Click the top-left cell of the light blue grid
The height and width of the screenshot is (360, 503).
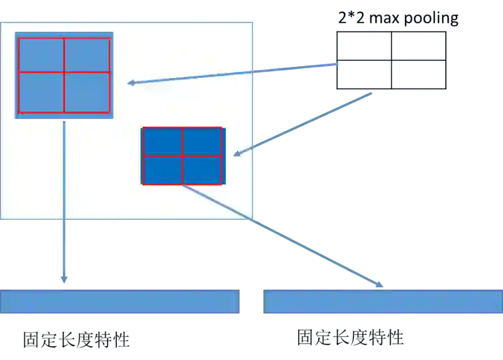(x=41, y=55)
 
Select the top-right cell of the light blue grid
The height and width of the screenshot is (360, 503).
(x=87, y=55)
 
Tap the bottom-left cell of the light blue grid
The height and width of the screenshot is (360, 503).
(x=41, y=92)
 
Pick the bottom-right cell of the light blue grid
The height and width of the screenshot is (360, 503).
(x=87, y=92)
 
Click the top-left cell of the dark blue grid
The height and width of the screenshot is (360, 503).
(x=162, y=141)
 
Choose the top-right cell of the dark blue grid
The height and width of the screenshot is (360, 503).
(x=202, y=141)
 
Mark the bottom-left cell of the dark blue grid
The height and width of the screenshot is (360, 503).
(x=162, y=169)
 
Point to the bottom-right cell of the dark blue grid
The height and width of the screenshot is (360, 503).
(x=202, y=169)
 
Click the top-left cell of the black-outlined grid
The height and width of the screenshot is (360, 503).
(x=365, y=46)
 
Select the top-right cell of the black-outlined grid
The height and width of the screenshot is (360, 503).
(x=417, y=46)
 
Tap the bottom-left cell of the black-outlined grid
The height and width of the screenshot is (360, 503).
(x=365, y=75)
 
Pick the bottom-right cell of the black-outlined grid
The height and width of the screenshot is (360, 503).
(x=417, y=75)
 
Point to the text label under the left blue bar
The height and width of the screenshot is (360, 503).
(x=75, y=339)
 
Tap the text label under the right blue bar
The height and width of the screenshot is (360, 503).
(x=352, y=338)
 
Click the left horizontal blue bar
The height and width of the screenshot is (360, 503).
(x=120, y=301)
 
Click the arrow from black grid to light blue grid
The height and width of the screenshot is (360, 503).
(x=233, y=73)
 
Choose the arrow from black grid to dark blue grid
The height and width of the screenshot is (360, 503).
(x=302, y=123)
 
